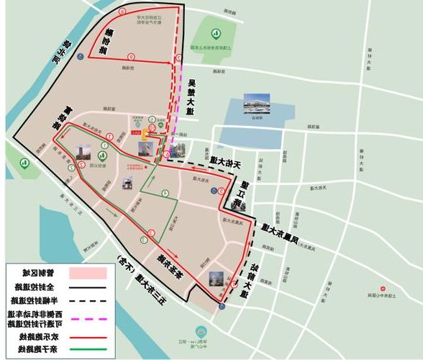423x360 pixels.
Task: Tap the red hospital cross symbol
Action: pyautogui.click(x=146, y=168)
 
